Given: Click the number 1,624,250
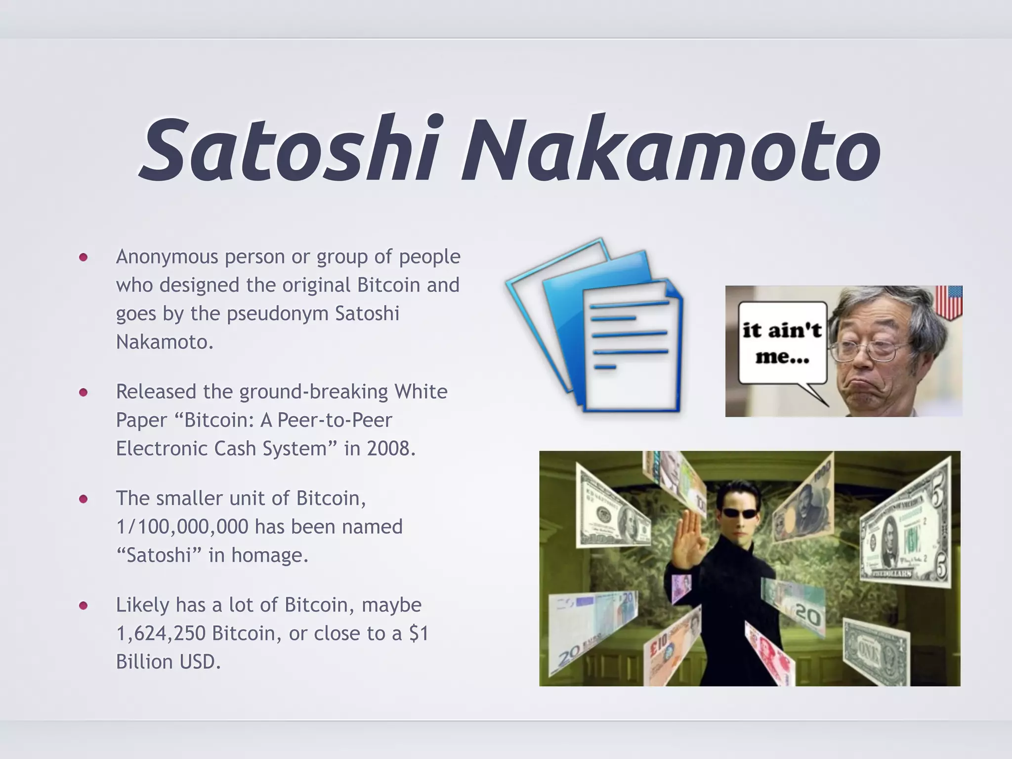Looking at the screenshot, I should pos(161,633).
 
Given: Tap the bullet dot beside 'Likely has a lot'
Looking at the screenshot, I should pos(83,605).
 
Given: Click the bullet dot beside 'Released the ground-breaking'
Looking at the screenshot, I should pos(83,392).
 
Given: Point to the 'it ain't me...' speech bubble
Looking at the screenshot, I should pos(782,343).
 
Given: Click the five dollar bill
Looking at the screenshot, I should pos(904,529).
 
